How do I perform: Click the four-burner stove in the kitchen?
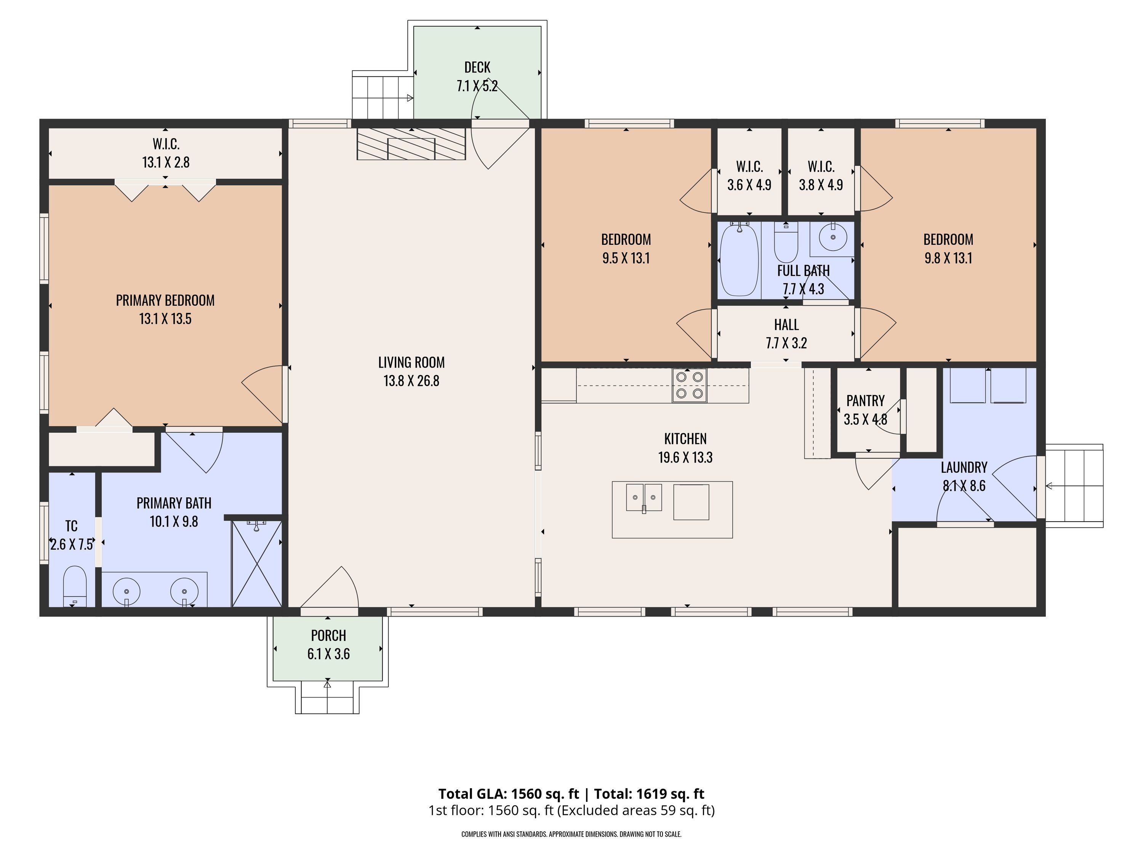tap(689, 385)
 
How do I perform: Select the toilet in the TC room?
tap(74, 586)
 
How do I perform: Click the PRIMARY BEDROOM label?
tap(165, 300)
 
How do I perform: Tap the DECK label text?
tap(477, 67)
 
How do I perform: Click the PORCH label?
tap(329, 635)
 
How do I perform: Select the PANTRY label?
tap(866, 401)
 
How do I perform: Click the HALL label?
tap(786, 325)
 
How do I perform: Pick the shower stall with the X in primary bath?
tap(257, 564)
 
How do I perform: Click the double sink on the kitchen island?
tap(644, 498)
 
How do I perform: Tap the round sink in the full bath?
tap(832, 238)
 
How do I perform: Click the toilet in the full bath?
tap(786, 242)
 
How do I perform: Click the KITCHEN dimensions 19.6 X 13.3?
tap(685, 458)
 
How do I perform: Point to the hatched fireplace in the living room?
tap(411, 144)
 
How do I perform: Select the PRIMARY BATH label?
tap(174, 503)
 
